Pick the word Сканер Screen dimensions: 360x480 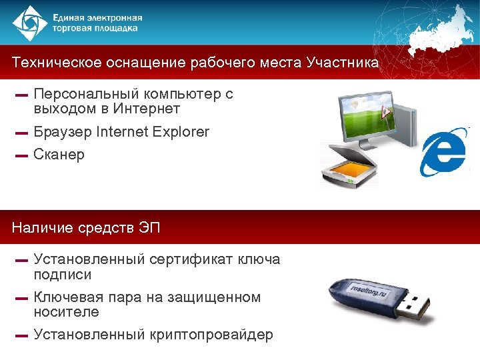coord(59,155)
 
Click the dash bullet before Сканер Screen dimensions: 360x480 coord(21,156)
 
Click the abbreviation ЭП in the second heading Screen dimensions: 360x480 coord(149,229)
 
